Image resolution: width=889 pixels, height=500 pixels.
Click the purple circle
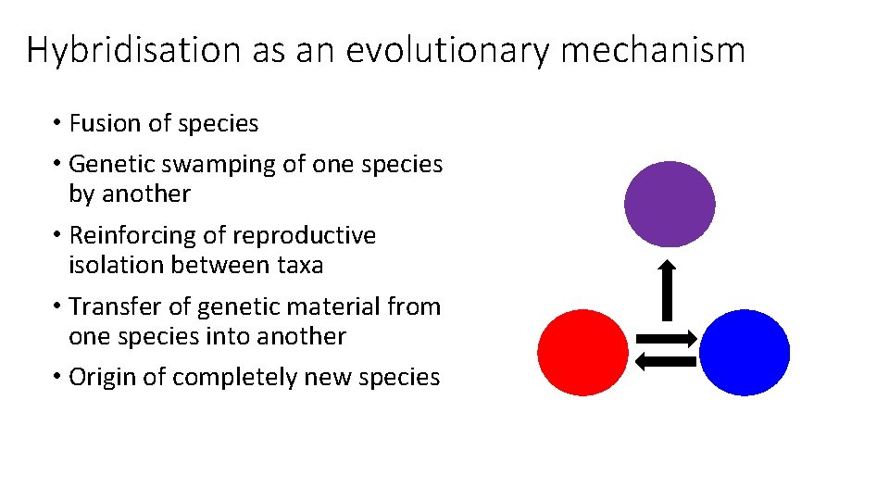(670, 204)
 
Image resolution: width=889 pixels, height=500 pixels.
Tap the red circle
(582, 353)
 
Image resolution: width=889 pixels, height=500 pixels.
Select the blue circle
(745, 353)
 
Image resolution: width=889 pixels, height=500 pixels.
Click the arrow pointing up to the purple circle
(668, 289)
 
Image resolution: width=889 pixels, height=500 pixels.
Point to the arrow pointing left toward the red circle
(664, 362)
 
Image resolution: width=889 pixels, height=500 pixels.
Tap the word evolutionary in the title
(447, 50)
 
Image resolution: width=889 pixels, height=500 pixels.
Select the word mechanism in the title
(652, 50)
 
